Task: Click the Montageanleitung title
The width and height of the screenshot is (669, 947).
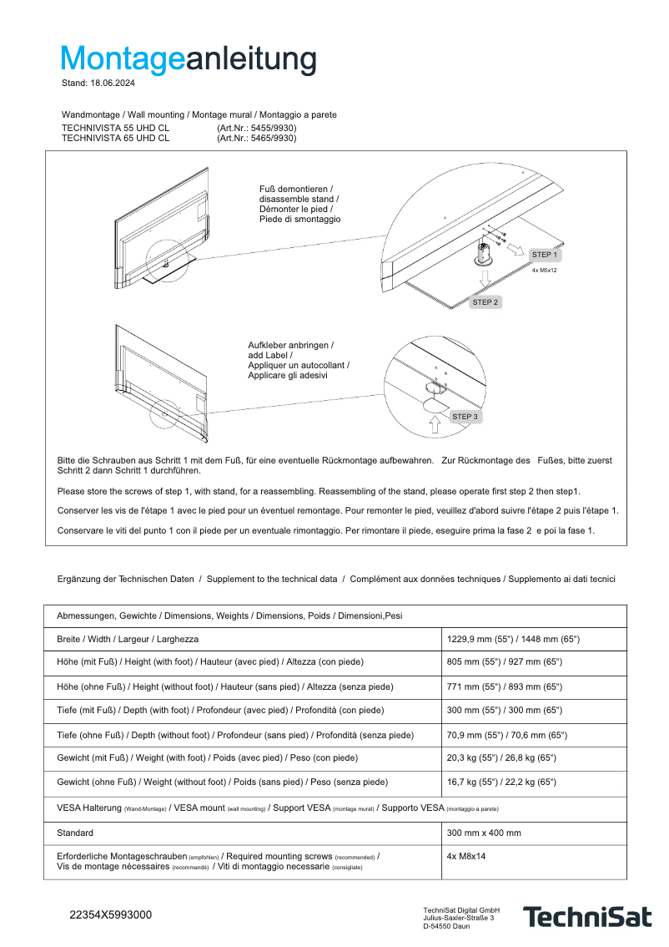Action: tap(189, 59)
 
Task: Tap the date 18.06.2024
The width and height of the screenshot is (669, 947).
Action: tap(113, 84)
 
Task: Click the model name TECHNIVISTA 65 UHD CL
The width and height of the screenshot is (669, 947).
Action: tap(115, 139)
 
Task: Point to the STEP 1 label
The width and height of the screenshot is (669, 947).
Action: tap(545, 255)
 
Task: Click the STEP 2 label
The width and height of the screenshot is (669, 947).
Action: tap(485, 302)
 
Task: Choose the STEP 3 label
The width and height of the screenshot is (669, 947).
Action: tap(465, 416)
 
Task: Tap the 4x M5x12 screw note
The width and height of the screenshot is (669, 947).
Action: tap(544, 271)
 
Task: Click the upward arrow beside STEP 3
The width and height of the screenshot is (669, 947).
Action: tap(434, 423)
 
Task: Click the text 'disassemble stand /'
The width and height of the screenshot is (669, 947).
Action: tap(299, 200)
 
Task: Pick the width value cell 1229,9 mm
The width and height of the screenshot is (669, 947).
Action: tap(513, 639)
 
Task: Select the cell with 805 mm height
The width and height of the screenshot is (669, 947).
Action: tap(505, 661)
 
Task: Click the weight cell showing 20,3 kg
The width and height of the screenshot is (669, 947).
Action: tap(501, 757)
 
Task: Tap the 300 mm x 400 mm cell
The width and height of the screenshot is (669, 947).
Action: tap(484, 833)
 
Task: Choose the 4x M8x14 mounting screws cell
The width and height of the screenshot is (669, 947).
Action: tap(466, 856)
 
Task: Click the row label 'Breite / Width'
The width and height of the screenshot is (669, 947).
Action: tap(128, 639)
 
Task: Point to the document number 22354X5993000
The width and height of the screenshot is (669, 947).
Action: tap(110, 915)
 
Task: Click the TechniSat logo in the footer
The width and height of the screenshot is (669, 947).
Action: tap(586, 917)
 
